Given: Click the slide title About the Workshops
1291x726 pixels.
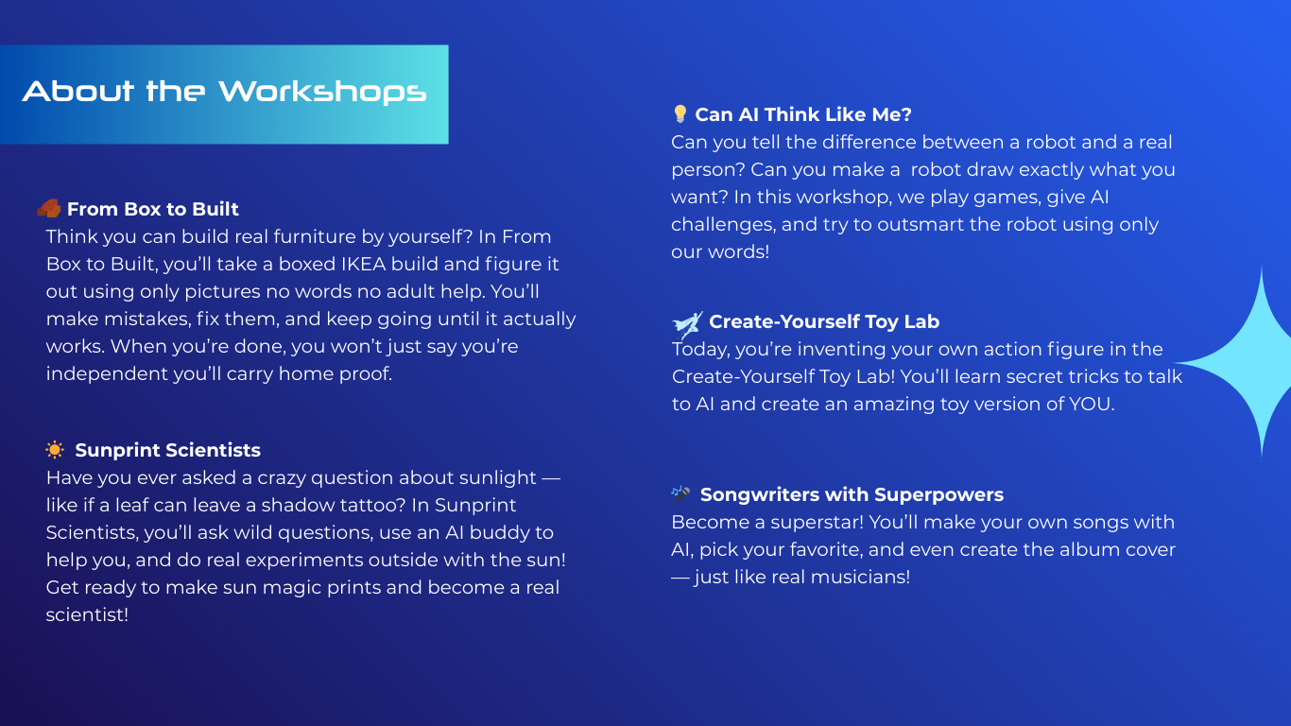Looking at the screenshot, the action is click(224, 92).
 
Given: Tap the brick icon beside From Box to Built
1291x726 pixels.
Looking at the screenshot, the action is click(49, 208).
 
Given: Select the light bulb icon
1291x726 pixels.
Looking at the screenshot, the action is click(680, 113).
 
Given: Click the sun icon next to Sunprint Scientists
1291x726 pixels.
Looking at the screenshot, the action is click(55, 449).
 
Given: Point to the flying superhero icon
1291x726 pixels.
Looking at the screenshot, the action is click(687, 324).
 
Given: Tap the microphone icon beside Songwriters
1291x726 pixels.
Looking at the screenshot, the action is click(680, 493).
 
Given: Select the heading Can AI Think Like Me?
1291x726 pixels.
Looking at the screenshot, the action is click(802, 114).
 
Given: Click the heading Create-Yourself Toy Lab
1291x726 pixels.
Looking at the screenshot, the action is click(824, 321).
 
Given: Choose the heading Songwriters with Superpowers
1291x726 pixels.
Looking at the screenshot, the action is click(852, 494).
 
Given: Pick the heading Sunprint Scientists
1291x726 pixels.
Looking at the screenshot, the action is click(167, 450).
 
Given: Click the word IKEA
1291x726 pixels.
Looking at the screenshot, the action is click(364, 264).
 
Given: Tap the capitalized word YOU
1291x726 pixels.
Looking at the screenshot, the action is click(1091, 404).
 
